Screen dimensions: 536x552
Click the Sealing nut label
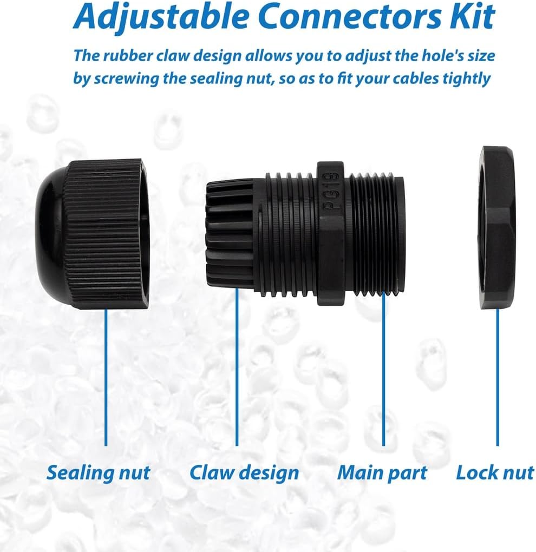98,472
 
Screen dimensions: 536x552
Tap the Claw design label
244,472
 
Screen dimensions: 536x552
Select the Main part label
382,472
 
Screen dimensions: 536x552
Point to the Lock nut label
494,472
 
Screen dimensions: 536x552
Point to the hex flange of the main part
331,233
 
